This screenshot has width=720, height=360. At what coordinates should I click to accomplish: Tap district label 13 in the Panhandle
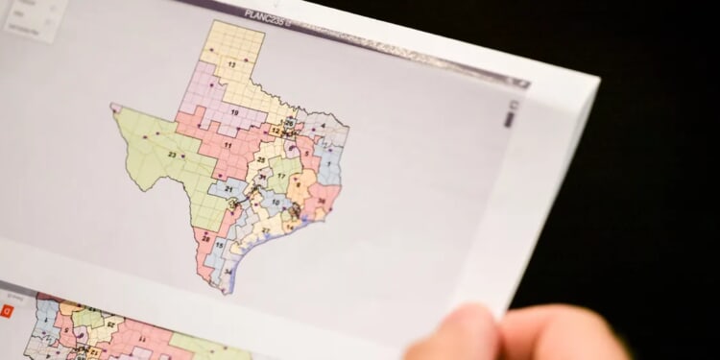point(232,64)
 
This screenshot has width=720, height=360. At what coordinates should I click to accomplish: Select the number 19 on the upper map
point(233,111)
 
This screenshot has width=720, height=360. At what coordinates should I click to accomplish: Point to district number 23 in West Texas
point(173,153)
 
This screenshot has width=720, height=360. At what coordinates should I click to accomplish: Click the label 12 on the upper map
point(276,131)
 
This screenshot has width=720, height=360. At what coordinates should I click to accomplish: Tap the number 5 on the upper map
point(308,153)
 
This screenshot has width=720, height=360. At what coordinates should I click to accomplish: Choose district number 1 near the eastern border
point(328,164)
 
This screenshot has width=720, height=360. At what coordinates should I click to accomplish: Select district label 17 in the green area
point(281,177)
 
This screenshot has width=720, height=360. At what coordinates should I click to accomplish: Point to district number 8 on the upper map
point(297,182)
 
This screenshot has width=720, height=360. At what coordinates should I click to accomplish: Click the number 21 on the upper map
point(228,189)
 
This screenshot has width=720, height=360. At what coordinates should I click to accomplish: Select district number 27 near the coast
point(265,229)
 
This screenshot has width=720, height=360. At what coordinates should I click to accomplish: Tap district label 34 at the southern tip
point(228,273)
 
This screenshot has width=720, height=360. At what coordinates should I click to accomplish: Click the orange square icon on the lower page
point(7,310)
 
